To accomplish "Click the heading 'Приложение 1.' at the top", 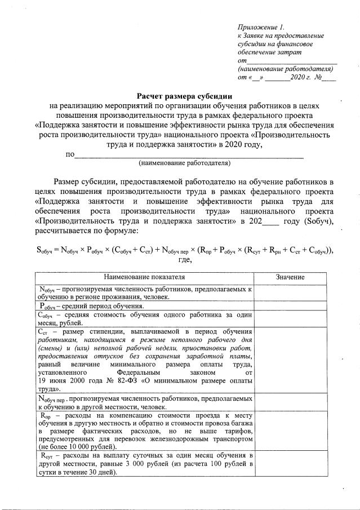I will [x=261, y=26].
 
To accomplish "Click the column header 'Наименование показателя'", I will [x=144, y=277].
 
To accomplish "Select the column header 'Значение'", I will [x=290, y=277].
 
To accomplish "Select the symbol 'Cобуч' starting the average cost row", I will [x=47, y=315].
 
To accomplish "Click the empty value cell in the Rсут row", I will [x=290, y=463].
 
